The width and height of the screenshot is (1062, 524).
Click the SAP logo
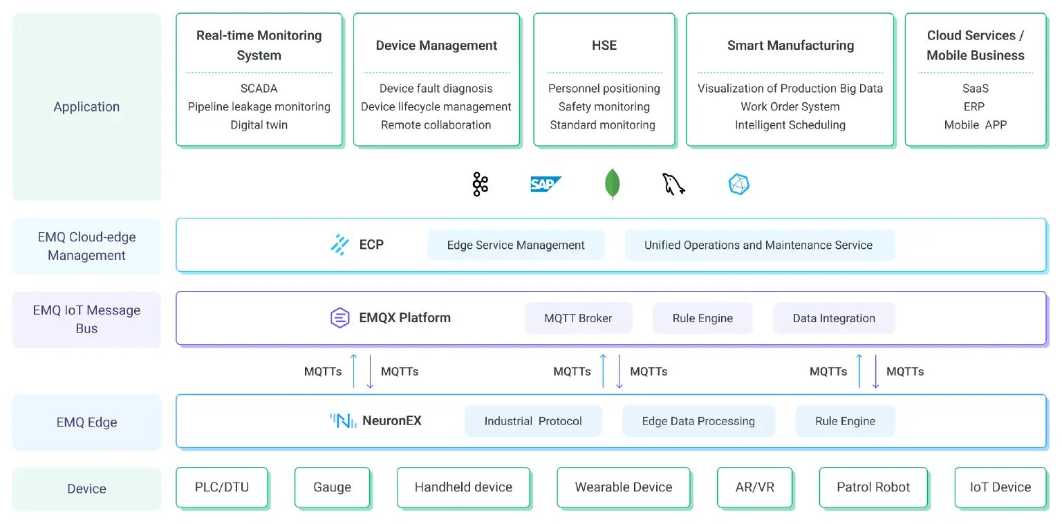click(x=546, y=185)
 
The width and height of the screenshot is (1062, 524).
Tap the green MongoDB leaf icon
click(x=612, y=185)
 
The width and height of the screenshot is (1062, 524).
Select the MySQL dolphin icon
click(x=673, y=184)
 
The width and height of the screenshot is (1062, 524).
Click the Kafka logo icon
click(x=480, y=185)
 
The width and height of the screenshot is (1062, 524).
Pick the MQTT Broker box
click(x=578, y=318)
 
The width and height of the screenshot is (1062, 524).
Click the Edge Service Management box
click(x=516, y=245)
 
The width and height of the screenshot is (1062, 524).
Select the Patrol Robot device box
click(x=873, y=487)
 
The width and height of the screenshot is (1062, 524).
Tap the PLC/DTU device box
click(x=222, y=487)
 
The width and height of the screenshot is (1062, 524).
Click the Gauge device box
click(x=332, y=487)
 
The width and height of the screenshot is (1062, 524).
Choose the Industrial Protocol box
click(x=533, y=421)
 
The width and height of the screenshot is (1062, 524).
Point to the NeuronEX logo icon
click(x=343, y=420)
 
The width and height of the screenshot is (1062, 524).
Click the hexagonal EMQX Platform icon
click(x=339, y=318)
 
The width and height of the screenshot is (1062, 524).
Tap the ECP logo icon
click(x=339, y=245)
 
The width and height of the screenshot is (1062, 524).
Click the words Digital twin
click(x=259, y=125)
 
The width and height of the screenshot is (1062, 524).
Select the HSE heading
click(x=604, y=46)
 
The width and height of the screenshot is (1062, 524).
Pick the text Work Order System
click(x=790, y=106)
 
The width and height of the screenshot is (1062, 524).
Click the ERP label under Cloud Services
click(x=975, y=106)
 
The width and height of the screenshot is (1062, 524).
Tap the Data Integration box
click(x=834, y=318)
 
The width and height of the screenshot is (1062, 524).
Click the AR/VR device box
click(x=755, y=487)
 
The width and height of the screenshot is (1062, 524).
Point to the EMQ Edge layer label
click(x=86, y=422)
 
